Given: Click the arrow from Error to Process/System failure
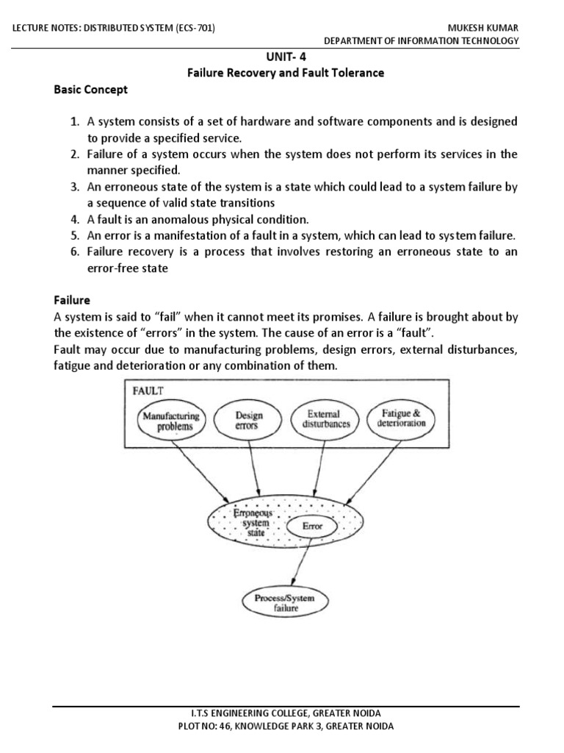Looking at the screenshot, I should pyautogui.click(x=302, y=563).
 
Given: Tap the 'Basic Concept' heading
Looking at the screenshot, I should pyautogui.click(x=90, y=90).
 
